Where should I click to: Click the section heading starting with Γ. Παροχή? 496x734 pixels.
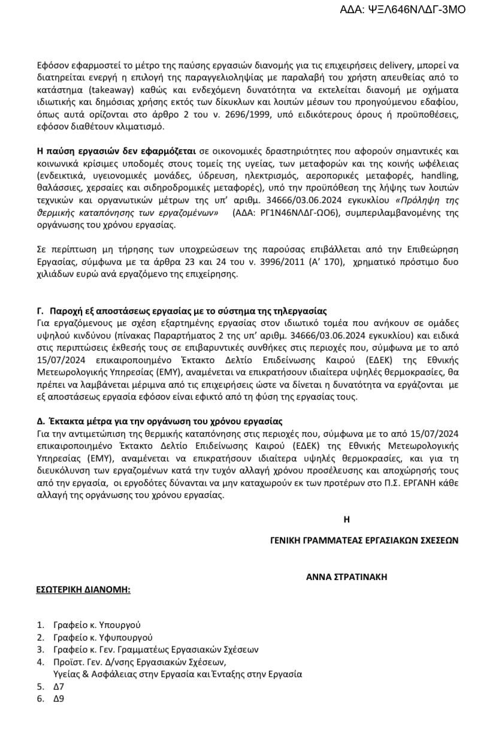(182, 311)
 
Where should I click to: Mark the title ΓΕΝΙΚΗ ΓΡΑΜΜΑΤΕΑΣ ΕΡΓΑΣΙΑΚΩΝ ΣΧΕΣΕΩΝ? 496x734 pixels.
(364, 539)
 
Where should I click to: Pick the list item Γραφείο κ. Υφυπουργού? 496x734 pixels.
(102, 637)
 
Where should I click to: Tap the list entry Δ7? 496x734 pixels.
(58, 686)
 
